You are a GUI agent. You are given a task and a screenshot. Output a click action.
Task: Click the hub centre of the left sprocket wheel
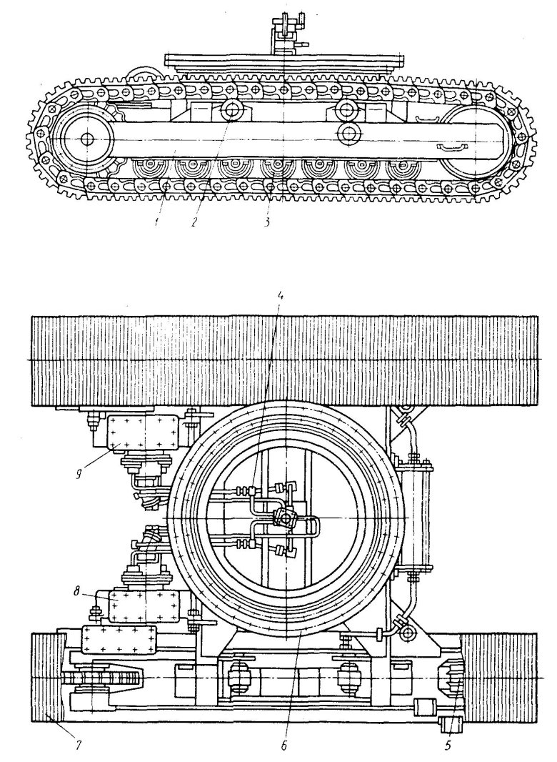click(x=86, y=138)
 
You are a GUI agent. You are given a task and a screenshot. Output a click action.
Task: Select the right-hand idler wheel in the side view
click(x=475, y=139)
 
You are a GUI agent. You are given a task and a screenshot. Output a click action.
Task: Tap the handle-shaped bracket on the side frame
click(x=449, y=147)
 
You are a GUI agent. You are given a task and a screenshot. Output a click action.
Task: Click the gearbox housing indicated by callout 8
click(x=141, y=608)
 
